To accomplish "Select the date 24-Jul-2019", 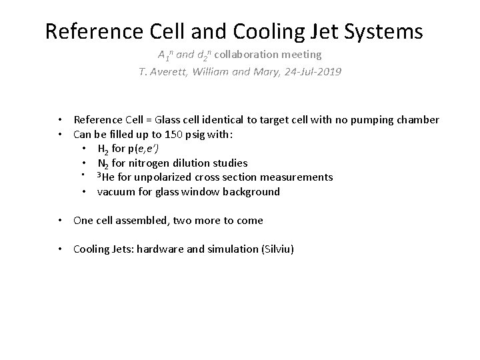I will tap(311, 71).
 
